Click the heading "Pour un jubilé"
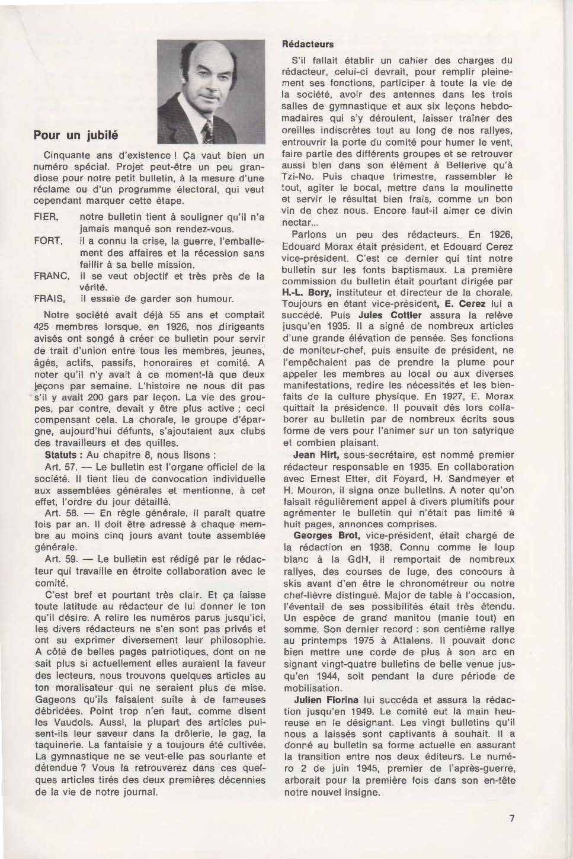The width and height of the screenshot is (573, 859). [75, 135]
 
